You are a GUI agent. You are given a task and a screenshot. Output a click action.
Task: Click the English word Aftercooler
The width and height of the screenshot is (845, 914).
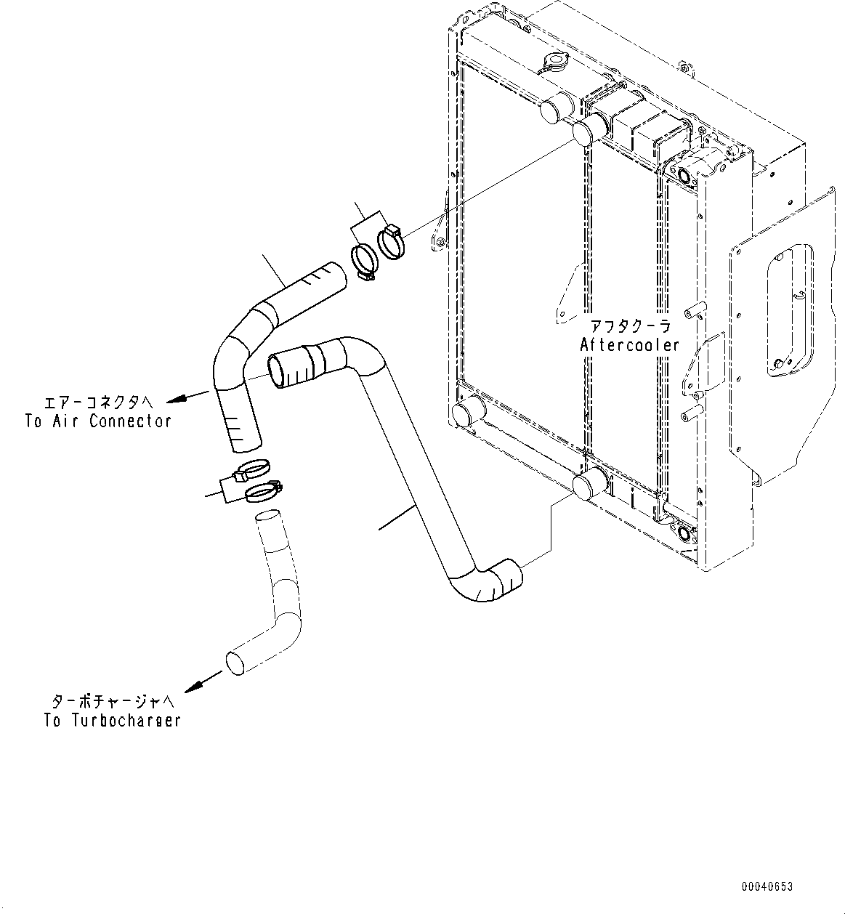(x=629, y=345)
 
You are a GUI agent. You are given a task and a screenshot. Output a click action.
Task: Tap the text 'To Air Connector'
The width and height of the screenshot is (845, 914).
(x=98, y=421)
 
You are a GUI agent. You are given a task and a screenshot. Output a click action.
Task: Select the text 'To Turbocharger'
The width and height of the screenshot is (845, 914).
(x=112, y=720)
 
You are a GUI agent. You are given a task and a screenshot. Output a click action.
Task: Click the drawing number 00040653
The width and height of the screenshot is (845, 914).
(x=767, y=887)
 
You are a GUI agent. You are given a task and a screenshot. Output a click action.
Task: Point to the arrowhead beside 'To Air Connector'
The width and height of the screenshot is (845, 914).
(x=174, y=398)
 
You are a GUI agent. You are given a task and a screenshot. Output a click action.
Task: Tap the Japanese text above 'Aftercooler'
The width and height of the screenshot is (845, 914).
(x=629, y=326)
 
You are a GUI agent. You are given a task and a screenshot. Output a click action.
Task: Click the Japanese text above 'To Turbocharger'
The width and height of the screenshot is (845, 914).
(x=113, y=701)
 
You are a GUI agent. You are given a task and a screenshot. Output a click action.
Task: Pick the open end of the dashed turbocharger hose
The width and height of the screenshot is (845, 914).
(x=238, y=663)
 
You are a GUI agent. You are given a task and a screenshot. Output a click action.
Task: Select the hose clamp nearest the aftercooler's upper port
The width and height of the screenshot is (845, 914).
(x=393, y=242)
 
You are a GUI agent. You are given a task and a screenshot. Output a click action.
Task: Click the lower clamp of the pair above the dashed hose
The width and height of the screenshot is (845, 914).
(x=261, y=493)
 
